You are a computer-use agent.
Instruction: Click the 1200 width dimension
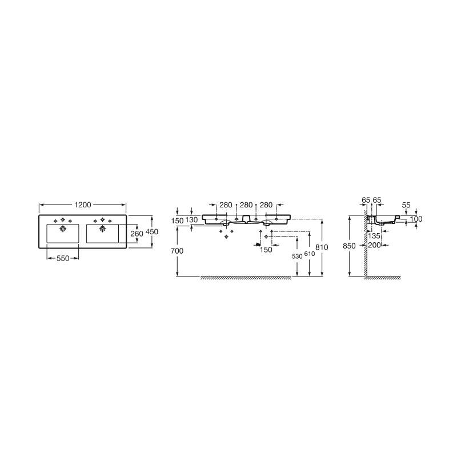[x=83, y=205]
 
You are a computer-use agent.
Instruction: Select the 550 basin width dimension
[x=63, y=258]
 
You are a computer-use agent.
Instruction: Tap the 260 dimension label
[x=137, y=234]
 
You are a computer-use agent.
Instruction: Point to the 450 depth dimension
[x=151, y=232]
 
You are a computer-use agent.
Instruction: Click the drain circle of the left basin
[x=63, y=228]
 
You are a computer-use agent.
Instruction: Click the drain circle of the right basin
[x=103, y=228]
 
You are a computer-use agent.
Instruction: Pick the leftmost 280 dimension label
[x=226, y=205]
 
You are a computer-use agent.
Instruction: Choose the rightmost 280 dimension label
[x=266, y=205]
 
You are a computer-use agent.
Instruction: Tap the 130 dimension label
[x=191, y=220]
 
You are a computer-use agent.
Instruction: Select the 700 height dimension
[x=177, y=251]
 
